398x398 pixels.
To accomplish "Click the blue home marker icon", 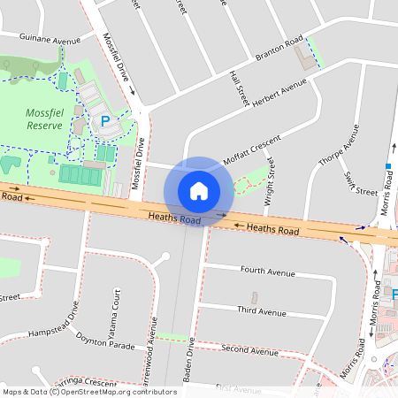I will point(199,190).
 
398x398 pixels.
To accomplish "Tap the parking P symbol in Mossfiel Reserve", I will point(105,121).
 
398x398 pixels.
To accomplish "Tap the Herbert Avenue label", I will point(279,91).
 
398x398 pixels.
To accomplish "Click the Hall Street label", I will point(237,88).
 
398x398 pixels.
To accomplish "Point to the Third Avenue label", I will point(262,311).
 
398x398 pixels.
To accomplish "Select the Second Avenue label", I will point(250,350).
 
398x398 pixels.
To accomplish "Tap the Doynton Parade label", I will point(105,342).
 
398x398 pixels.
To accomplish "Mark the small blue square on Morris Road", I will point(387,165).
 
